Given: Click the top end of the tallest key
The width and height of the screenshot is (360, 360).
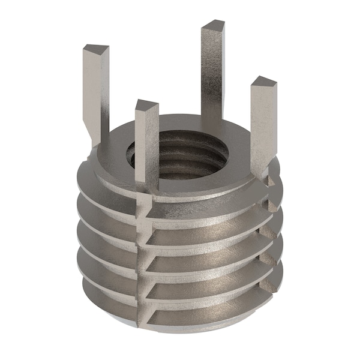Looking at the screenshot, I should tap(212, 26).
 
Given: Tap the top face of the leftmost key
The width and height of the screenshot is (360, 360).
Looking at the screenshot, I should tap(96, 49).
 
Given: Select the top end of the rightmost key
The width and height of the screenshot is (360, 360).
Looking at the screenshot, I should tap(263, 82).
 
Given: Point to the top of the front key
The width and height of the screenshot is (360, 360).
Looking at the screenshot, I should tap(146, 106).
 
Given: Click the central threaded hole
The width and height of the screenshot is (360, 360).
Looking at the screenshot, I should tap(180, 157).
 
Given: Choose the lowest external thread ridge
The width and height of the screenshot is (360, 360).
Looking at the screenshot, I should tap(198, 312).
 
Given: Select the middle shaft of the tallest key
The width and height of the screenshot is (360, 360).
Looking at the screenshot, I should tap(212, 72).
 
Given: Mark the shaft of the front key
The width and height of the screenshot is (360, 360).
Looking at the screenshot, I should tap(147, 150).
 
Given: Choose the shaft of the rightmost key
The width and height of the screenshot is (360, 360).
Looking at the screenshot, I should tap(263, 126).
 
